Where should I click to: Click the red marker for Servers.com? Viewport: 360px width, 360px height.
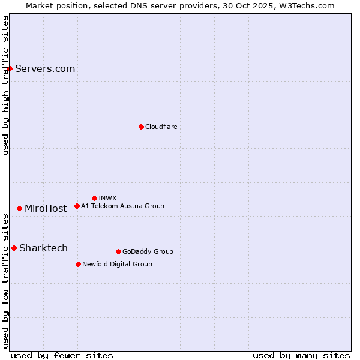[10, 68]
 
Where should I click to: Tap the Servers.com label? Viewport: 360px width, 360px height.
[45, 68]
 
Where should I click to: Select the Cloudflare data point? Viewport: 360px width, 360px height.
[141, 127]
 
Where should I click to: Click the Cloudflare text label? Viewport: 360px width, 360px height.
[161, 127]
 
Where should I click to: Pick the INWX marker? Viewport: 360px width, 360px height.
[94, 198]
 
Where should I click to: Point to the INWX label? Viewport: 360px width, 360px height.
[107, 198]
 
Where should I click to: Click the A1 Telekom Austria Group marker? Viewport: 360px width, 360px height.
[77, 206]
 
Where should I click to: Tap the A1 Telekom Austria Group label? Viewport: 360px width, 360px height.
[122, 206]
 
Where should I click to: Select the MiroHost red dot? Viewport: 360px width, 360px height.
[19, 208]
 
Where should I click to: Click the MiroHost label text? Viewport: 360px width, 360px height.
[46, 208]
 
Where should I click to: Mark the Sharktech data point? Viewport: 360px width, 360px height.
[14, 248]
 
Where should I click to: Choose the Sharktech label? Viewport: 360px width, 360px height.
[43, 248]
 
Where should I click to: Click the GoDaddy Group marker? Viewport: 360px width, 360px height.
[118, 251]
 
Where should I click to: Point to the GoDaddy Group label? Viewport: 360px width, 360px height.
[148, 251]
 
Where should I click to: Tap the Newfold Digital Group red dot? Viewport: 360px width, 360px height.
[78, 264]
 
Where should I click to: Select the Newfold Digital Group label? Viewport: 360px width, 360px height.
[117, 264]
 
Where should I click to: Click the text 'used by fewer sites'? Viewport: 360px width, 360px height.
[62, 355]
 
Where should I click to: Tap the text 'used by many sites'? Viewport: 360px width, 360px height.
[301, 355]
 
